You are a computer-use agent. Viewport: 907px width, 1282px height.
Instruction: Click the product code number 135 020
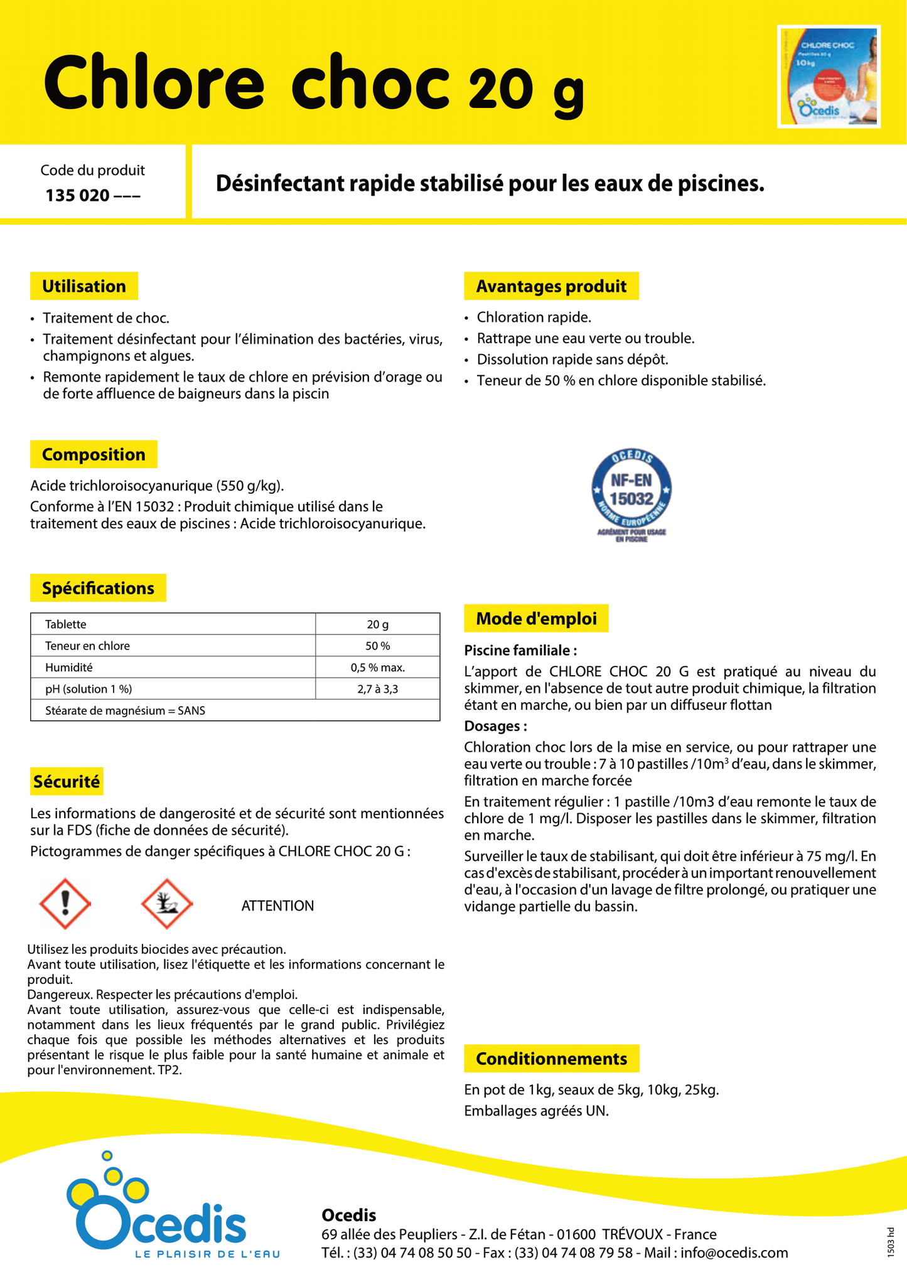[78, 195]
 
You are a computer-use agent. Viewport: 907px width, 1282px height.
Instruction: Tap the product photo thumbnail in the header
[829, 77]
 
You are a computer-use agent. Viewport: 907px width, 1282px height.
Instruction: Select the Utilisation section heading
[84, 286]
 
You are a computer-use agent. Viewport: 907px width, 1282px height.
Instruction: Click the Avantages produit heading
[551, 286]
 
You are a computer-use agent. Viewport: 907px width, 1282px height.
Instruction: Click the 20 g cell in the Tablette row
[377, 624]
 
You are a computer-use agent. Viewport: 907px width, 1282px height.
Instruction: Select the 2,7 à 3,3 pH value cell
[377, 689]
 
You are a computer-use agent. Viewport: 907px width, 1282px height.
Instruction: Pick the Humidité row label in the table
[69, 668]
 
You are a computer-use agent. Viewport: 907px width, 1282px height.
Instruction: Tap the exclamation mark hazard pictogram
[65, 904]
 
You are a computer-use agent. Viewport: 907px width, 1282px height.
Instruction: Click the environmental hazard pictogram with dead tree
[166, 904]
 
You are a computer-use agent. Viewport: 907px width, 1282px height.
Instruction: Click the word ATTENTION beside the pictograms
[277, 905]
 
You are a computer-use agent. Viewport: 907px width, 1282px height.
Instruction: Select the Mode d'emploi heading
[536, 619]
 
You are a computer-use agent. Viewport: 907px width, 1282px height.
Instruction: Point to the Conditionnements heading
[551, 1059]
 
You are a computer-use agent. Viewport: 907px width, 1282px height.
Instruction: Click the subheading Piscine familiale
[520, 650]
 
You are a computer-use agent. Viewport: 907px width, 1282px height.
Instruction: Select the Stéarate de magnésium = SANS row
[125, 710]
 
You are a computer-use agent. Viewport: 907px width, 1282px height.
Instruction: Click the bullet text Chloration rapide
[534, 318]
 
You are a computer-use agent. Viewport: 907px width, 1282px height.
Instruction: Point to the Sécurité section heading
[67, 782]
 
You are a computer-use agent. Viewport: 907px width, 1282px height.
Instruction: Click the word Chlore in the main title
[154, 83]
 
